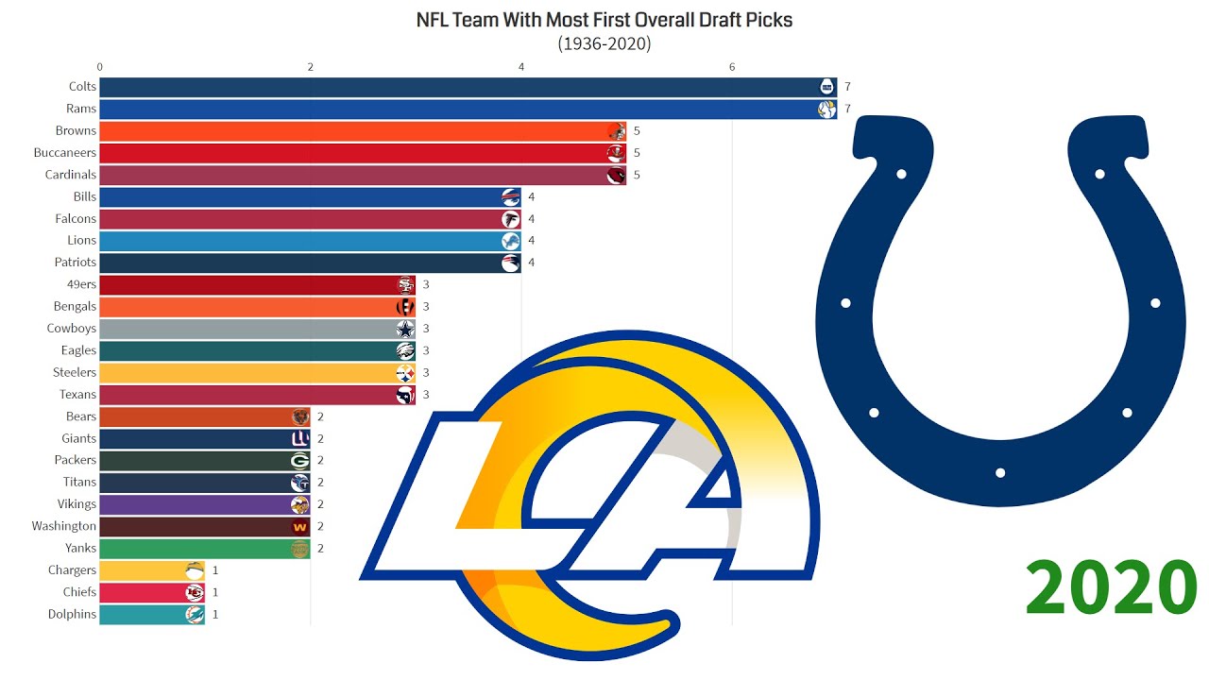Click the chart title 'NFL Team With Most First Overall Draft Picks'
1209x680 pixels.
click(x=604, y=20)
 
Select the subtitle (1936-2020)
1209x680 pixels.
click(x=604, y=43)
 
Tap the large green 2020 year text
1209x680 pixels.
click(x=1111, y=588)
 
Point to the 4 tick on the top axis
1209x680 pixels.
click(x=521, y=66)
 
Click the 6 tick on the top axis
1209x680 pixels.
click(x=732, y=66)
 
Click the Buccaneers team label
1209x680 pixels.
click(x=64, y=153)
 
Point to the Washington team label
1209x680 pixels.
click(x=63, y=526)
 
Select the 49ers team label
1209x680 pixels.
click(x=75, y=284)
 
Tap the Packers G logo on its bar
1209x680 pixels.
click(x=299, y=460)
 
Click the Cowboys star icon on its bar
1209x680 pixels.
click(x=405, y=329)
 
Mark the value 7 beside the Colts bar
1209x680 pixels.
click(x=848, y=87)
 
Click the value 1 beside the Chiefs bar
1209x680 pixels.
click(x=215, y=592)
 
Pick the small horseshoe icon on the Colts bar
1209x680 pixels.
click(x=826, y=87)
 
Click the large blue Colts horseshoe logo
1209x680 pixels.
click(x=1000, y=312)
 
